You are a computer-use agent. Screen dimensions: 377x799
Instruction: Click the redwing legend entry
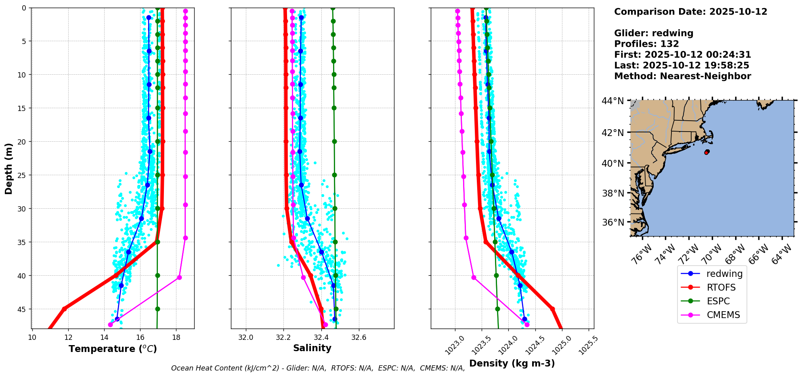click(711, 274)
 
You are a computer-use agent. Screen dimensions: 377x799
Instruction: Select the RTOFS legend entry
click(711, 287)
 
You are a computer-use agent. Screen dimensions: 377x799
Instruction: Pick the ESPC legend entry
click(711, 301)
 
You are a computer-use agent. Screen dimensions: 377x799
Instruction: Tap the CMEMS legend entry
click(711, 315)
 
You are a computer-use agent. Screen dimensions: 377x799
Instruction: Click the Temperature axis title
click(113, 349)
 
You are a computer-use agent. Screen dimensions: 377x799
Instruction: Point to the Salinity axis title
click(312, 348)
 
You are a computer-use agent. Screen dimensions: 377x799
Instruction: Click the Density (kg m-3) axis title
click(512, 363)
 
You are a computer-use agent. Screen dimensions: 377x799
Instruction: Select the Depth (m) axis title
click(8, 168)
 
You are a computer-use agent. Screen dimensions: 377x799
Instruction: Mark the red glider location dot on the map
click(707, 152)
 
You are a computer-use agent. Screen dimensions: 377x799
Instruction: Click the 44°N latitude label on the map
click(613, 101)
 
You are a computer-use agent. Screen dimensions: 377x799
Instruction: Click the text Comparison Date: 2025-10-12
click(690, 12)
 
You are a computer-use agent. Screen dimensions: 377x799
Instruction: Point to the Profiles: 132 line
click(646, 44)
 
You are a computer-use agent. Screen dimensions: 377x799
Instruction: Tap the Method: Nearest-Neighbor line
click(682, 76)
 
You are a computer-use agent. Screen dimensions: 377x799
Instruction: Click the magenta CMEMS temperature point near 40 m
click(179, 277)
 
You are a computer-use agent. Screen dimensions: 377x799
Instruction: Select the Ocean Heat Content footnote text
click(318, 368)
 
